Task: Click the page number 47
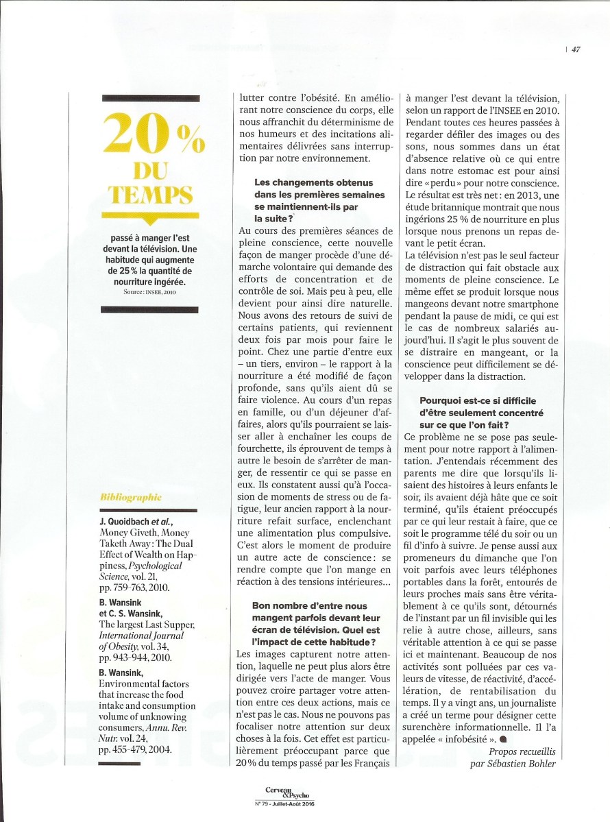[x=576, y=49]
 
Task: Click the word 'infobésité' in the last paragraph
[x=470, y=740]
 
